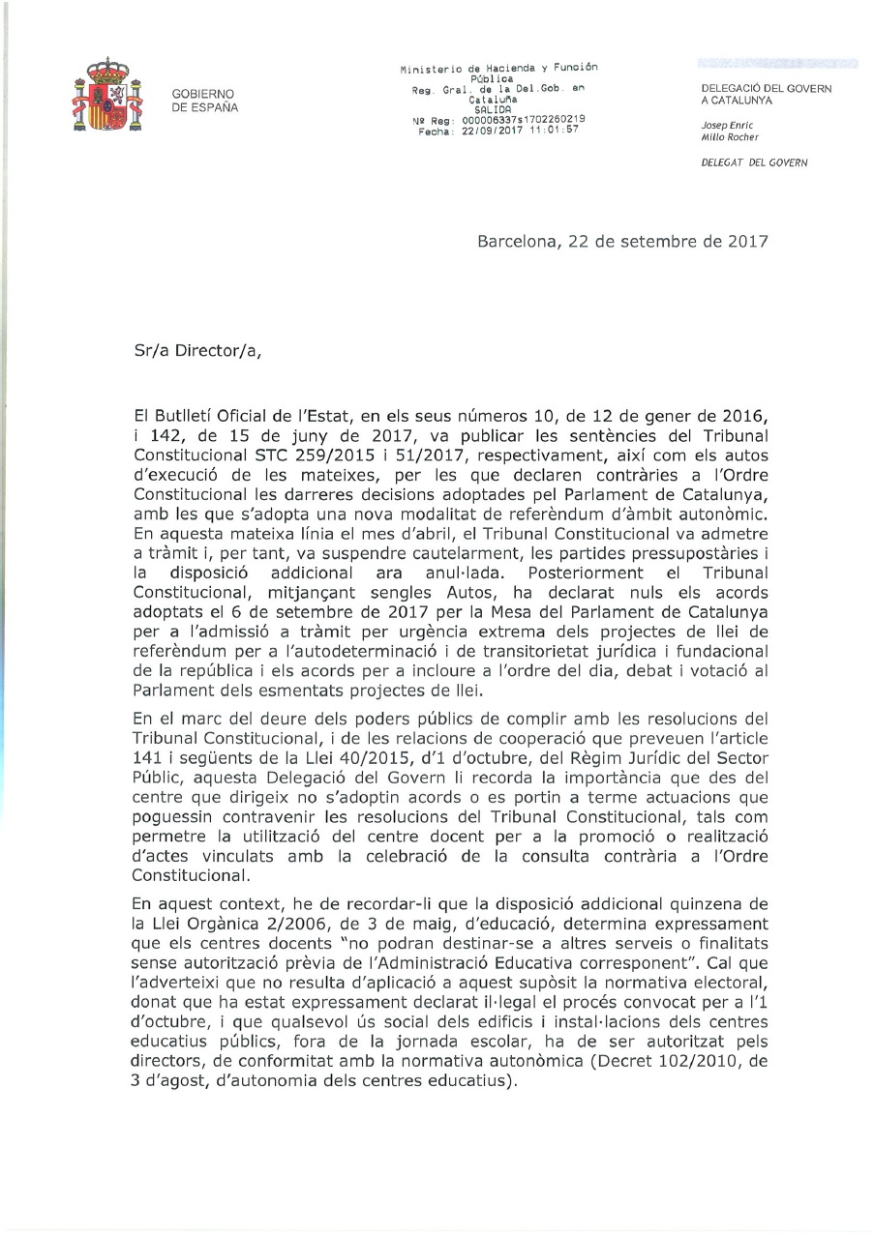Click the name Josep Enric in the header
coord(727,125)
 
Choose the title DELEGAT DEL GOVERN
coord(755,162)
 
